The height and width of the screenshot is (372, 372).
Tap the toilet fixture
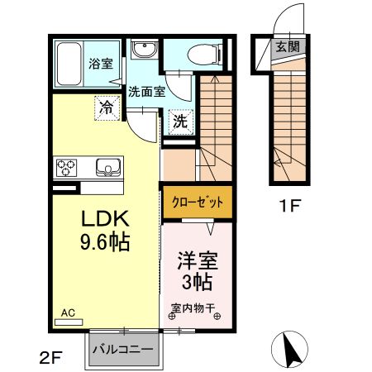pos(201,55)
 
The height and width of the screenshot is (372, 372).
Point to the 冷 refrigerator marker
pos(106,107)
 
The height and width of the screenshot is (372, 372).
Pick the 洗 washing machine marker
pos(180,121)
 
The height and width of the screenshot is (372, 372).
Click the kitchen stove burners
pos(66,167)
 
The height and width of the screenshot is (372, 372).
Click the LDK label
pos(104,219)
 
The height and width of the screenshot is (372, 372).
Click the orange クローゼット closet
pos(198,202)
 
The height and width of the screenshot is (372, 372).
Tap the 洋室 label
pos(198,261)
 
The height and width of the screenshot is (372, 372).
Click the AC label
pos(69,314)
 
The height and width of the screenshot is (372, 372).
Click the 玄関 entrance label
pos(289,46)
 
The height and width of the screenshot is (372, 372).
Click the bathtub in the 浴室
pos(70,64)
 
